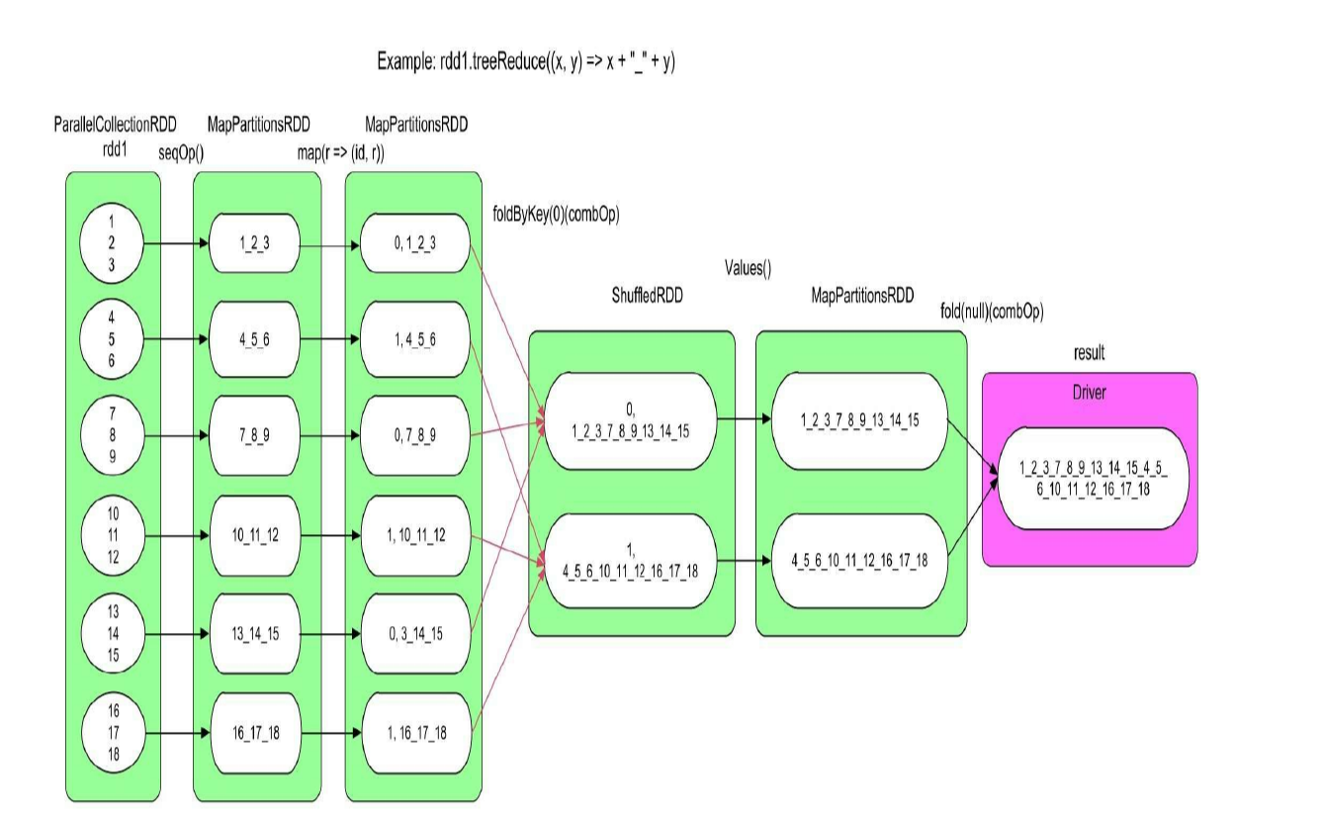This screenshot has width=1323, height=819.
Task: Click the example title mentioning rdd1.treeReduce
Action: coord(525,61)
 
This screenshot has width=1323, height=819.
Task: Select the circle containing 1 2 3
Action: coord(111,242)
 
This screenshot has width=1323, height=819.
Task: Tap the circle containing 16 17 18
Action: coord(111,733)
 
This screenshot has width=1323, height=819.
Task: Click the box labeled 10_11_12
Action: coord(255,535)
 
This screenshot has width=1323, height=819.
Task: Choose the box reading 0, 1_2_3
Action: coord(413,242)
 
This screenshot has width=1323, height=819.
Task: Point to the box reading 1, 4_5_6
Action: coord(413,339)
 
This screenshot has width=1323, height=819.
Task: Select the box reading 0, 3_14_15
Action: coord(413,634)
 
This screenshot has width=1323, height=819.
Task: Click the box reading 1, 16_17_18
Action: coord(413,733)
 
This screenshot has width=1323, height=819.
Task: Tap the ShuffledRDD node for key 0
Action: coord(631,420)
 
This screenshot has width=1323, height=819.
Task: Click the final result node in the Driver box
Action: coord(1090,480)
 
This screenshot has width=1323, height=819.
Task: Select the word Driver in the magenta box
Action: coord(1089,393)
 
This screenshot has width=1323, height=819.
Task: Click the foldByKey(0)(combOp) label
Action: coord(556,213)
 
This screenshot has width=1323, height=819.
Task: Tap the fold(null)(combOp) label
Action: coord(992,312)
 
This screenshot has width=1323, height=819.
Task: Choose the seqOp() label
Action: coord(181,152)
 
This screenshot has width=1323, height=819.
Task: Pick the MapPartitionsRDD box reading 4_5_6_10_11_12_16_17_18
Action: coord(859,561)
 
